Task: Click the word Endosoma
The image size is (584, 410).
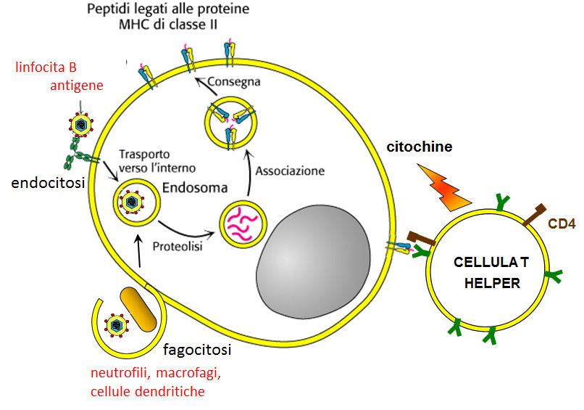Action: (194, 185)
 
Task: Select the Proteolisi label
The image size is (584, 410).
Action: (177, 245)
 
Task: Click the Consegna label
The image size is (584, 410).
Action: (234, 82)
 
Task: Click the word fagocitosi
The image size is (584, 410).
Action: (196, 350)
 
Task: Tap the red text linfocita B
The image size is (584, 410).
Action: (46, 67)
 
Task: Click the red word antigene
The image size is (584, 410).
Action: (76, 86)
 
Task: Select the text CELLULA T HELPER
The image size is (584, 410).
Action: (487, 272)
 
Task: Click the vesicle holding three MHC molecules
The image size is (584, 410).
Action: (230, 120)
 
